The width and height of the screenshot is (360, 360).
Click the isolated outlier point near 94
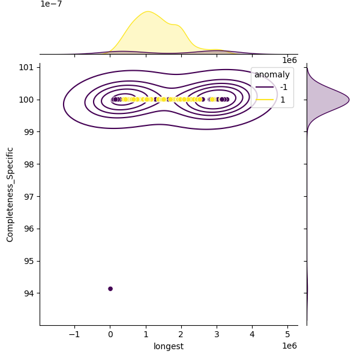tap(110, 289)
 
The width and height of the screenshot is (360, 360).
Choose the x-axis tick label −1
tap(74, 334)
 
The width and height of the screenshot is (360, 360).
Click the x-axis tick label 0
tap(110, 334)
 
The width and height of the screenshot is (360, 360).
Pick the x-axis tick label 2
tap(181, 334)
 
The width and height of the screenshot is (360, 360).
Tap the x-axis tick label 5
tap(287, 334)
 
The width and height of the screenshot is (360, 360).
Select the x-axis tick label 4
tap(252, 334)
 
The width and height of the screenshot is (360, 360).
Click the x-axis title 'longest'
tap(169, 346)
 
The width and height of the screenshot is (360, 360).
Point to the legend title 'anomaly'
tap(272, 75)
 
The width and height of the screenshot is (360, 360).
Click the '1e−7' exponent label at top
tap(51, 4)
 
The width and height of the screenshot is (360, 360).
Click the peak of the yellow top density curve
tap(147, 11)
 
